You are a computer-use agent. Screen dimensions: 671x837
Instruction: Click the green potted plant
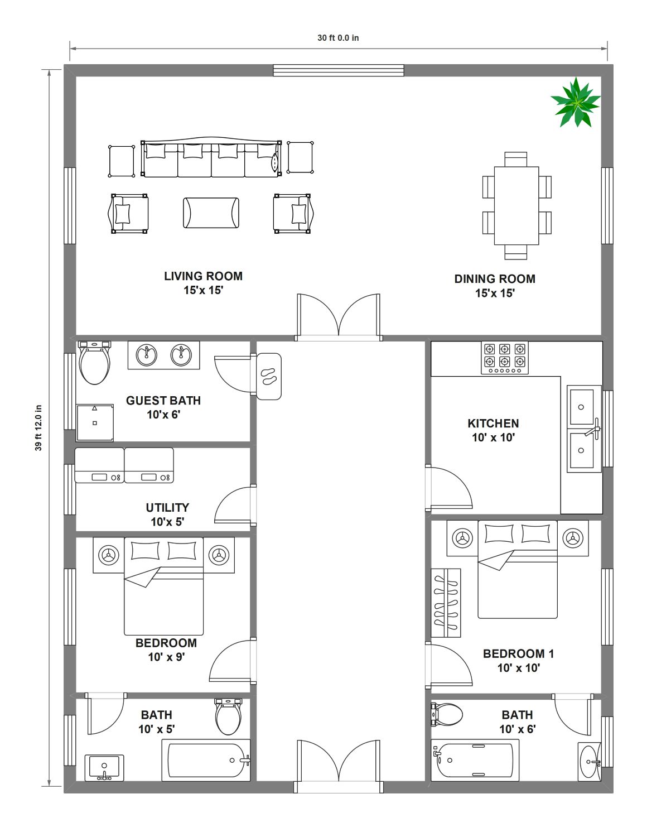pos(576,102)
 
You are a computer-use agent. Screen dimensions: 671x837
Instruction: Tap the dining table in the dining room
pos(516,205)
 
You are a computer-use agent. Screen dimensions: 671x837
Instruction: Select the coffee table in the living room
pos(211,213)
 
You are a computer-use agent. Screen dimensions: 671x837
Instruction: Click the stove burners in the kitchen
pos(505,358)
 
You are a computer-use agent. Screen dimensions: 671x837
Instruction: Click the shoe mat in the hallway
pos(269,376)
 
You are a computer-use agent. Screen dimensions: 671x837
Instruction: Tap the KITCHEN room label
pos(493,423)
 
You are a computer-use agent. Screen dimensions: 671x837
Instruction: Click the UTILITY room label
pos(167,508)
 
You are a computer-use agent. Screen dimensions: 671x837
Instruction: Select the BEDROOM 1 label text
pos(518,653)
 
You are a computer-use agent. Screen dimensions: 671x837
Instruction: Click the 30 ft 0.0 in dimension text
pos(338,38)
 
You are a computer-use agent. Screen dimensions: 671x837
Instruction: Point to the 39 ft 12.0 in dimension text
pos(38,427)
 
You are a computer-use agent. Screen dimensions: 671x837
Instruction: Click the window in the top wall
pos(338,70)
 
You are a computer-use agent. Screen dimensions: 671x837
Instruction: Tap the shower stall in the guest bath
pos(95,423)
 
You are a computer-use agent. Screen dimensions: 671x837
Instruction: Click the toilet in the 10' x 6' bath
pos(447,714)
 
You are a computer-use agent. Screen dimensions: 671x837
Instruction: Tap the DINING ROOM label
pos(495,278)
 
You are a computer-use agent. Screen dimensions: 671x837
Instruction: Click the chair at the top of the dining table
pos(516,160)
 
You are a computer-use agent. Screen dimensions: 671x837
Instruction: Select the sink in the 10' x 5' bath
pos(104,768)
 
